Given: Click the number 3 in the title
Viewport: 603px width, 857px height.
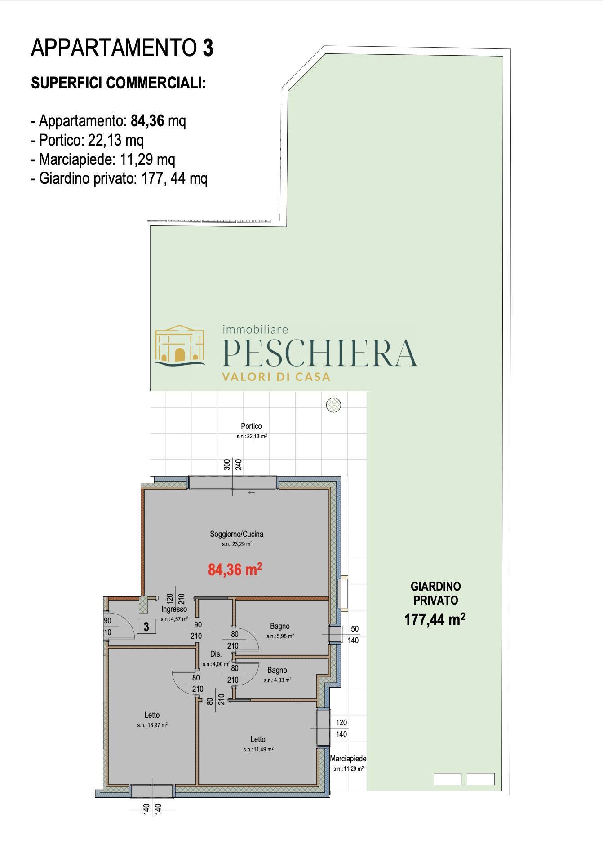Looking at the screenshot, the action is pyautogui.click(x=208, y=48).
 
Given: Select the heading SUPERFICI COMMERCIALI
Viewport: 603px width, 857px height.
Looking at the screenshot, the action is pyautogui.click(x=118, y=83).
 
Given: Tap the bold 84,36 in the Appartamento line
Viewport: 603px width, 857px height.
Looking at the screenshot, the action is pyautogui.click(x=147, y=121).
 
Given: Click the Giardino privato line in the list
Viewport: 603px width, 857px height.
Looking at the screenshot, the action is pyautogui.click(x=120, y=179).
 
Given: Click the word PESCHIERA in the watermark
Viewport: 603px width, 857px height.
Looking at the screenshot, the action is pyautogui.click(x=320, y=353).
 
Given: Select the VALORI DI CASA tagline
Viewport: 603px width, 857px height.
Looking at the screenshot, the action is pyautogui.click(x=276, y=377).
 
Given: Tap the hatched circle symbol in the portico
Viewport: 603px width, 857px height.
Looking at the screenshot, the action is pyautogui.click(x=333, y=405).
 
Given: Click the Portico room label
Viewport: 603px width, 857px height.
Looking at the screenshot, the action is pyautogui.click(x=251, y=426).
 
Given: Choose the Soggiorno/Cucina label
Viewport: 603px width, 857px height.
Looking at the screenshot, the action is pyautogui.click(x=236, y=534).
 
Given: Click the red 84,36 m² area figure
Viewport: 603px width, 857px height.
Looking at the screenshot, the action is pyautogui.click(x=235, y=570).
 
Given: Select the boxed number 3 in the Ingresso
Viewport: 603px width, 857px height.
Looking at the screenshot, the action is pyautogui.click(x=146, y=626).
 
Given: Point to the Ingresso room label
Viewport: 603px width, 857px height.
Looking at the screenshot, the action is pyautogui.click(x=174, y=610).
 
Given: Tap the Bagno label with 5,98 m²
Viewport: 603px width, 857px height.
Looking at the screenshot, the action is pyautogui.click(x=280, y=626).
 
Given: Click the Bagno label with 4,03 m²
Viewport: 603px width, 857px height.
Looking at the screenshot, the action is pyautogui.click(x=277, y=670).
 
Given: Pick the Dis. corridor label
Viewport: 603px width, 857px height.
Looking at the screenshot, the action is pyautogui.click(x=216, y=654).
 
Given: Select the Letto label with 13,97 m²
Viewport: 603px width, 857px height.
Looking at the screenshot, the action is pyautogui.click(x=152, y=715).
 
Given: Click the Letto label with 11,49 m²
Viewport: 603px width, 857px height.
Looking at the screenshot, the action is pyautogui.click(x=258, y=739).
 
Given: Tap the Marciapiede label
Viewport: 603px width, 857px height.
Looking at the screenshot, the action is pyautogui.click(x=348, y=759).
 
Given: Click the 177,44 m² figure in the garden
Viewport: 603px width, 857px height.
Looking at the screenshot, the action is pyautogui.click(x=435, y=620).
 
